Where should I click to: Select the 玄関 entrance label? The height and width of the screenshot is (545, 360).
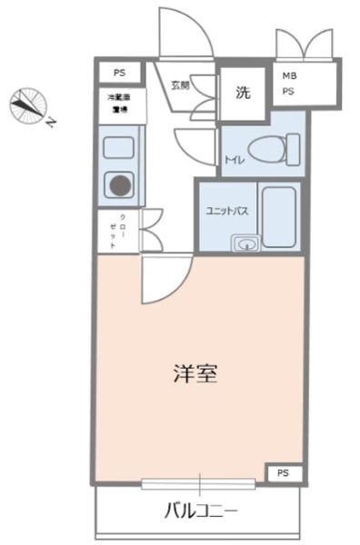pyautogui.click(x=179, y=85)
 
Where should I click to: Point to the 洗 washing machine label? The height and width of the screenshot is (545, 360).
pyautogui.click(x=243, y=91)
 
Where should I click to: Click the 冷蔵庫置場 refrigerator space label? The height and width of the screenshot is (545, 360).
pyautogui.click(x=116, y=104)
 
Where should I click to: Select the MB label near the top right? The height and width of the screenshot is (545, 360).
pyautogui.click(x=289, y=76)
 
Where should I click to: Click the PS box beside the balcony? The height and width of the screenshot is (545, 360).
pyautogui.click(x=284, y=472)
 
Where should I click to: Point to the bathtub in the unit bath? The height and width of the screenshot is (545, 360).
pyautogui.click(x=280, y=216)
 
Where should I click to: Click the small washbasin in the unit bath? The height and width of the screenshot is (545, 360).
pyautogui.click(x=245, y=243)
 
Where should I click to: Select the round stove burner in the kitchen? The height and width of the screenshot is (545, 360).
pyautogui.click(x=119, y=186)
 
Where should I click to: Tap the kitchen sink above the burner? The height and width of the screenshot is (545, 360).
pyautogui.click(x=119, y=146)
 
